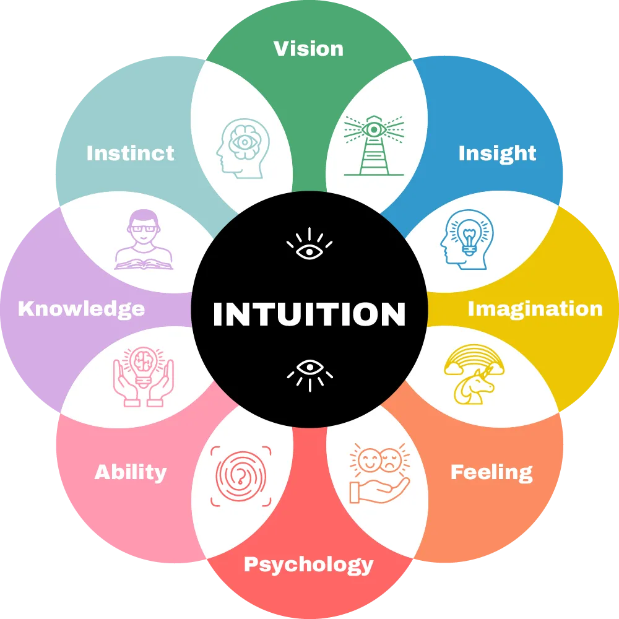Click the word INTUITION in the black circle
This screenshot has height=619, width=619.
309,314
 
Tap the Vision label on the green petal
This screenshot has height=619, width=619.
308,48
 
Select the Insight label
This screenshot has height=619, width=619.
497,154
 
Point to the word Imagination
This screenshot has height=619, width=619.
535,308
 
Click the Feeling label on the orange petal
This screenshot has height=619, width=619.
491,472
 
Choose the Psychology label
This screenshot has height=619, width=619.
308,565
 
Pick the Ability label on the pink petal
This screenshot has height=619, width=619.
131,472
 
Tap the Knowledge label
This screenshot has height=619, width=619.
81,308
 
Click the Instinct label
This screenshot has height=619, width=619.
130,153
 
